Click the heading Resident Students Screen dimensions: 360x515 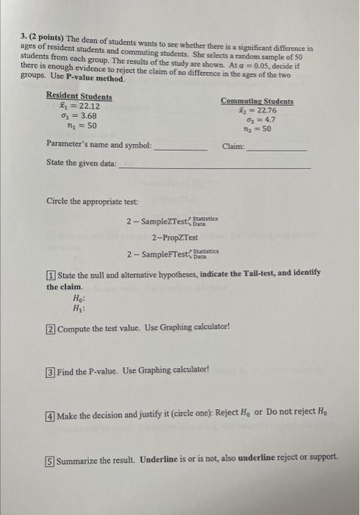click(x=79, y=96)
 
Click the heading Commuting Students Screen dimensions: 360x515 click(x=257, y=102)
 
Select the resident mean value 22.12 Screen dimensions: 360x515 click(x=83, y=106)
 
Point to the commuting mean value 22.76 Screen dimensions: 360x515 click(x=261, y=110)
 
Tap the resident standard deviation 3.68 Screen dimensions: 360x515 click(x=81, y=116)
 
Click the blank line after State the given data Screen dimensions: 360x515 click(x=214, y=166)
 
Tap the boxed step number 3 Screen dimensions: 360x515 click(x=51, y=371)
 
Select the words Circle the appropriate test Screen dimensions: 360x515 click(x=82, y=200)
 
